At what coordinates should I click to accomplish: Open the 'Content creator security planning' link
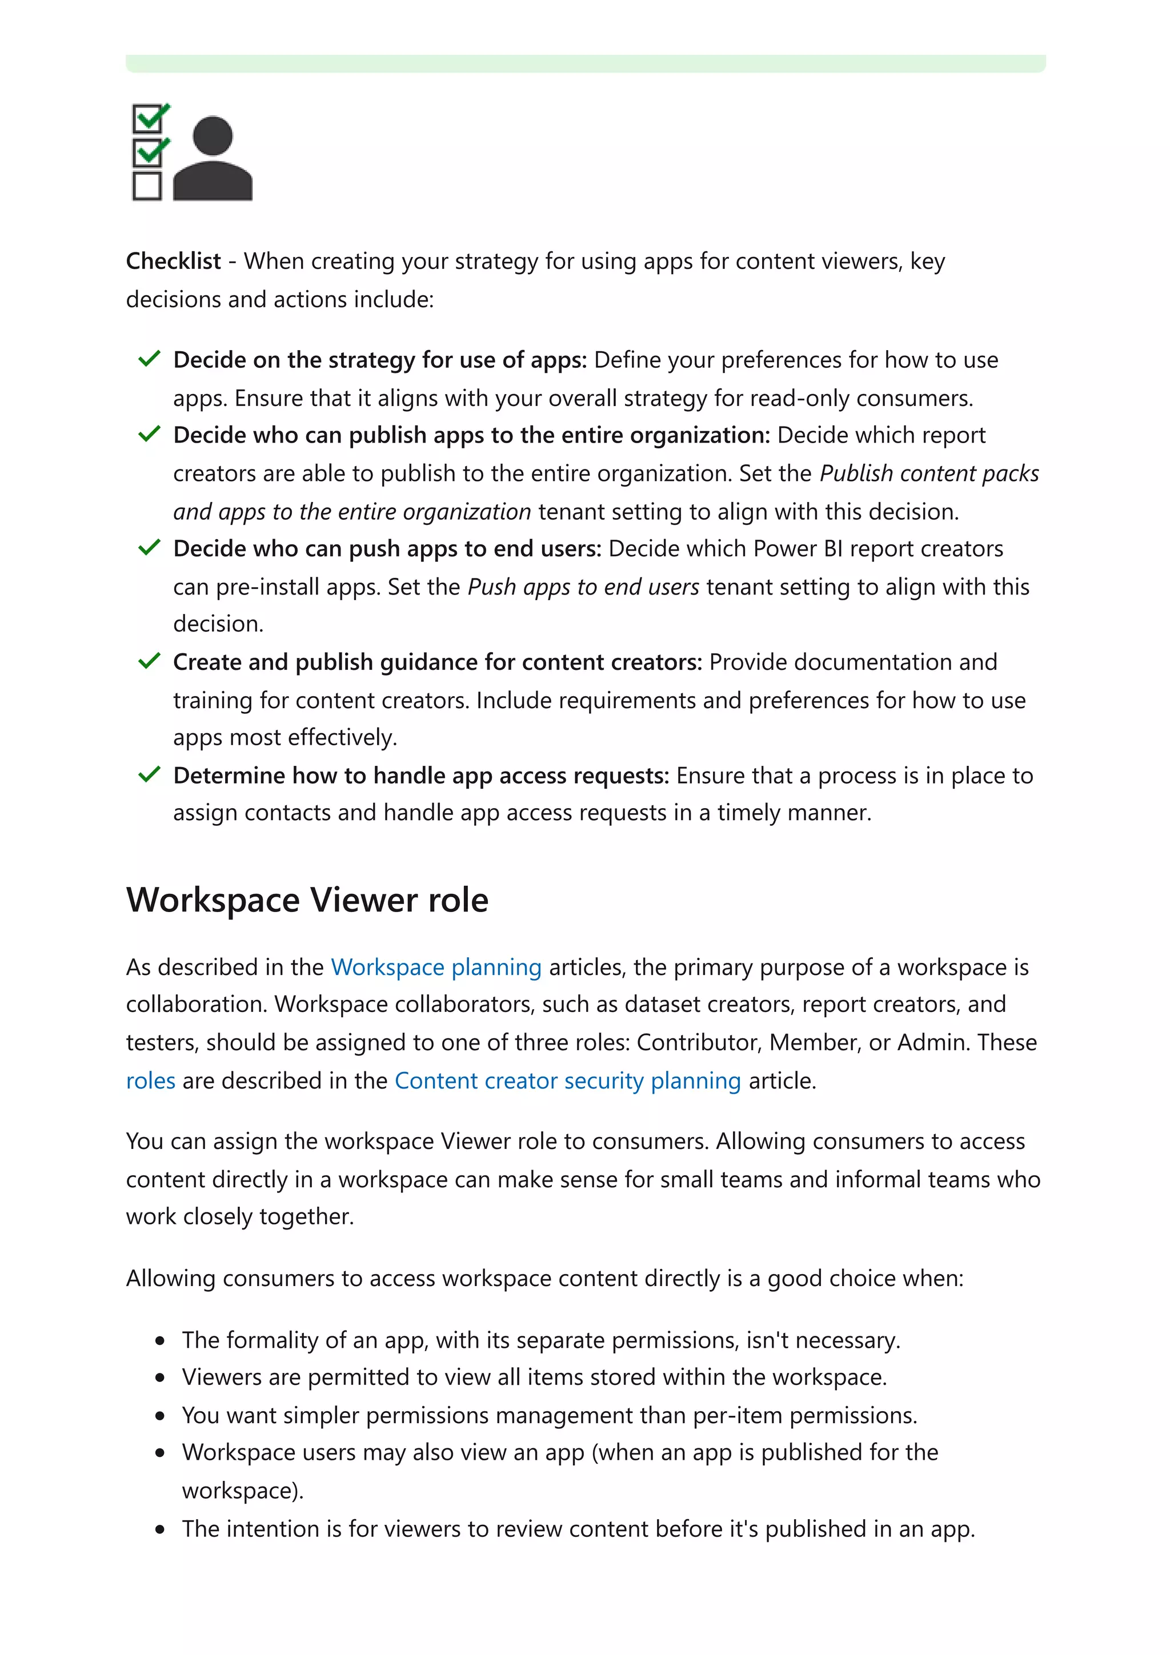[x=567, y=1080]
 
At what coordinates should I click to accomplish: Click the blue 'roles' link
[x=151, y=1080]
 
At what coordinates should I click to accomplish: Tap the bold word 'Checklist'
[x=173, y=261]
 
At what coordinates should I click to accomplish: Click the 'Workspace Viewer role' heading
[x=307, y=899]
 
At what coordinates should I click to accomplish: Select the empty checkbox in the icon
[x=147, y=186]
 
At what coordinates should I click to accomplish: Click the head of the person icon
[x=213, y=135]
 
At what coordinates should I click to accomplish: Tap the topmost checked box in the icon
[x=148, y=119]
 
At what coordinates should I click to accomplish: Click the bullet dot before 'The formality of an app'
[x=160, y=1341]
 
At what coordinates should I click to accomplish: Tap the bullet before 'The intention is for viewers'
[x=160, y=1529]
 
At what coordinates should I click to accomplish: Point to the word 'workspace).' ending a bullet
[x=243, y=1491]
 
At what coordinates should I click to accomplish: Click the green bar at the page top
[x=584, y=63]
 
